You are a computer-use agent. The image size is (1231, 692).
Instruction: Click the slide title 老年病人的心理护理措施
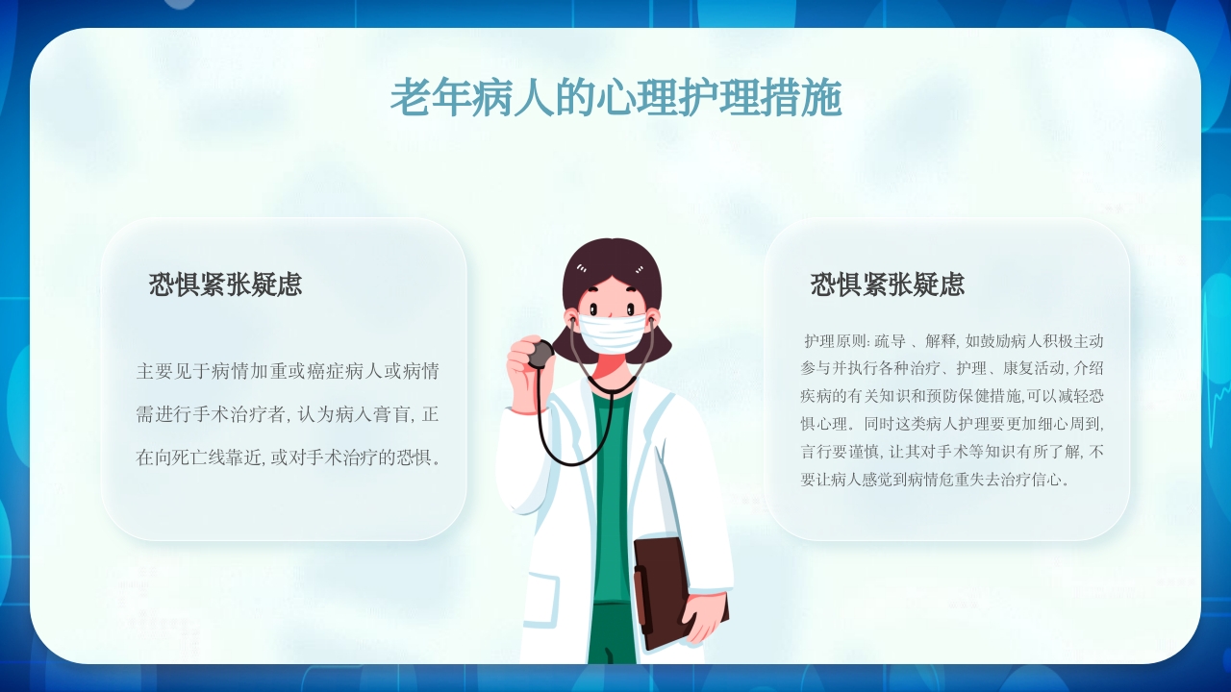[x=615, y=99]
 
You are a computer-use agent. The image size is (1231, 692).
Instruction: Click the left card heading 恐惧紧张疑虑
[x=225, y=284]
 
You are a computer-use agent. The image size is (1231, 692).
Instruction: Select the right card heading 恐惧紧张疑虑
[x=887, y=284]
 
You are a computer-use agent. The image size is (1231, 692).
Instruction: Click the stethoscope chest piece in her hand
[x=541, y=355]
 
